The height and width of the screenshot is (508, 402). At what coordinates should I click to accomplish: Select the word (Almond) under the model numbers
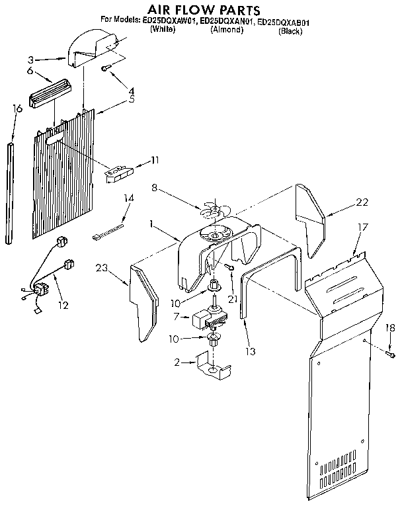[226, 30]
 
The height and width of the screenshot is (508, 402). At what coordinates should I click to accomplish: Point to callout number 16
[18, 108]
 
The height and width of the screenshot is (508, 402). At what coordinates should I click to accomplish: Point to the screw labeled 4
[105, 67]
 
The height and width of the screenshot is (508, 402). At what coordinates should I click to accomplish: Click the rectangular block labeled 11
[118, 173]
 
